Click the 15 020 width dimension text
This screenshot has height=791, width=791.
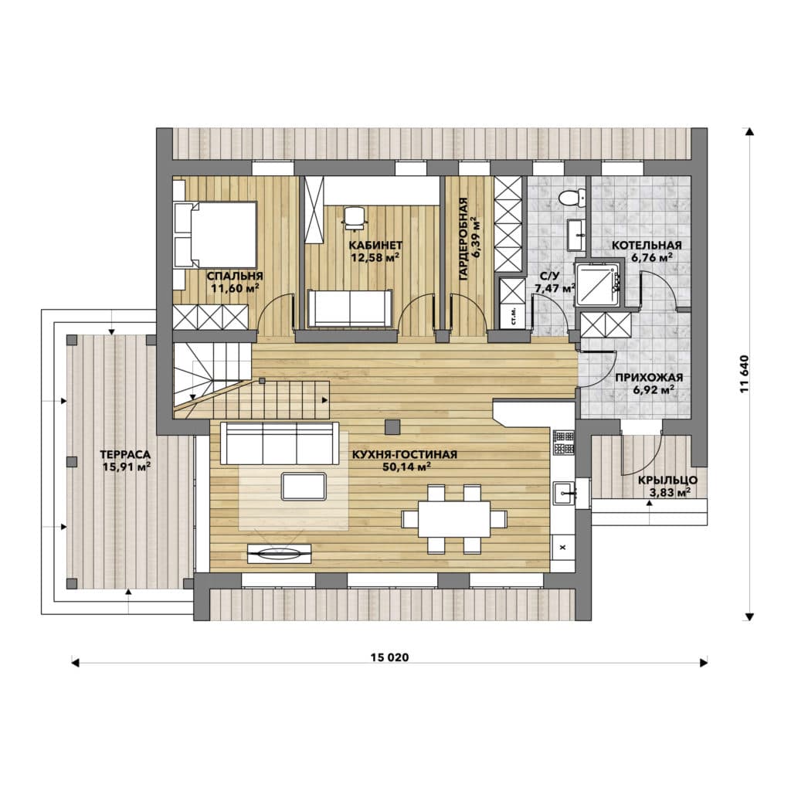coord(389,657)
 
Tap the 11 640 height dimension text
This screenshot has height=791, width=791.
coord(745,374)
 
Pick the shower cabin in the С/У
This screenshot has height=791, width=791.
coord(598,283)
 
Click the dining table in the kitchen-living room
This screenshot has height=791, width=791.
coord(454,518)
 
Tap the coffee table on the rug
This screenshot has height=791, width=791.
coord(304,487)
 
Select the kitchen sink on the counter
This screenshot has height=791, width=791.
coord(564,493)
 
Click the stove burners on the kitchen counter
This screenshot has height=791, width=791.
coord(564,441)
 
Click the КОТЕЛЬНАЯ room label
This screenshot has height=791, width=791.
coord(647,246)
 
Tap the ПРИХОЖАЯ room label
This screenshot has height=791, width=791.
coord(649,377)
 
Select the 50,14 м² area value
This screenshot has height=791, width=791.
coord(406,467)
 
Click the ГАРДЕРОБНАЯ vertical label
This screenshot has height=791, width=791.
coord(463,239)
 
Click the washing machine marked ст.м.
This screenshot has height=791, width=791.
coord(513,316)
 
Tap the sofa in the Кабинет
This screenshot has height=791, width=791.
coord(350,307)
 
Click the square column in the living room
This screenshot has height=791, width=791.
coord(392,426)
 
